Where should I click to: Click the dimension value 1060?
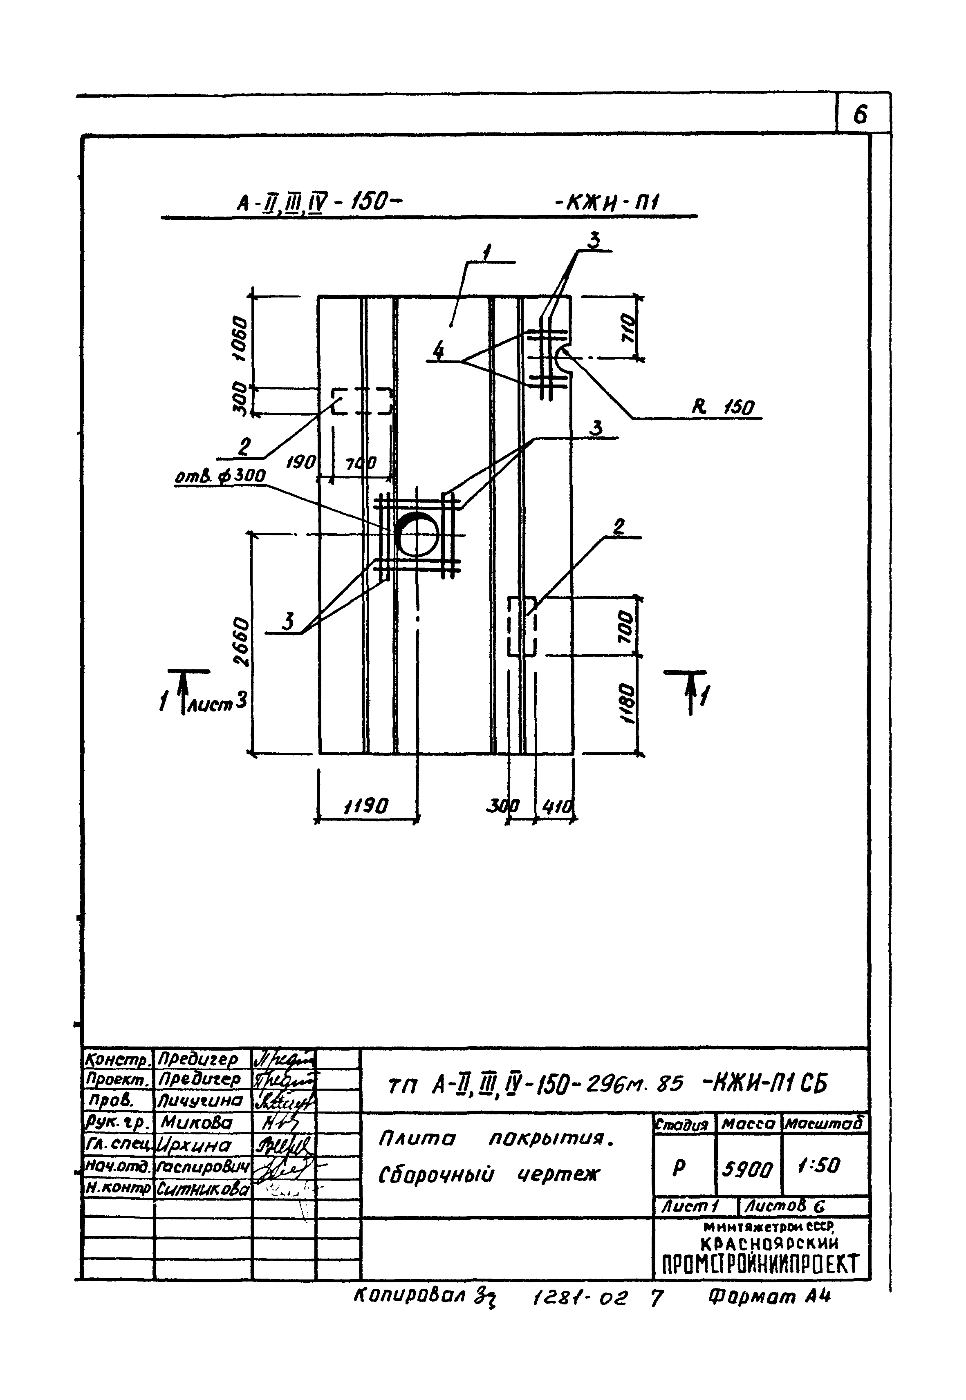click(x=240, y=339)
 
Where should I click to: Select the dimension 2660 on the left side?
click(x=240, y=641)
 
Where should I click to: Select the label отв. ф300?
click(x=220, y=476)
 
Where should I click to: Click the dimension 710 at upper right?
click(x=628, y=329)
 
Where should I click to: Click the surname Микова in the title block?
click(x=196, y=1123)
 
